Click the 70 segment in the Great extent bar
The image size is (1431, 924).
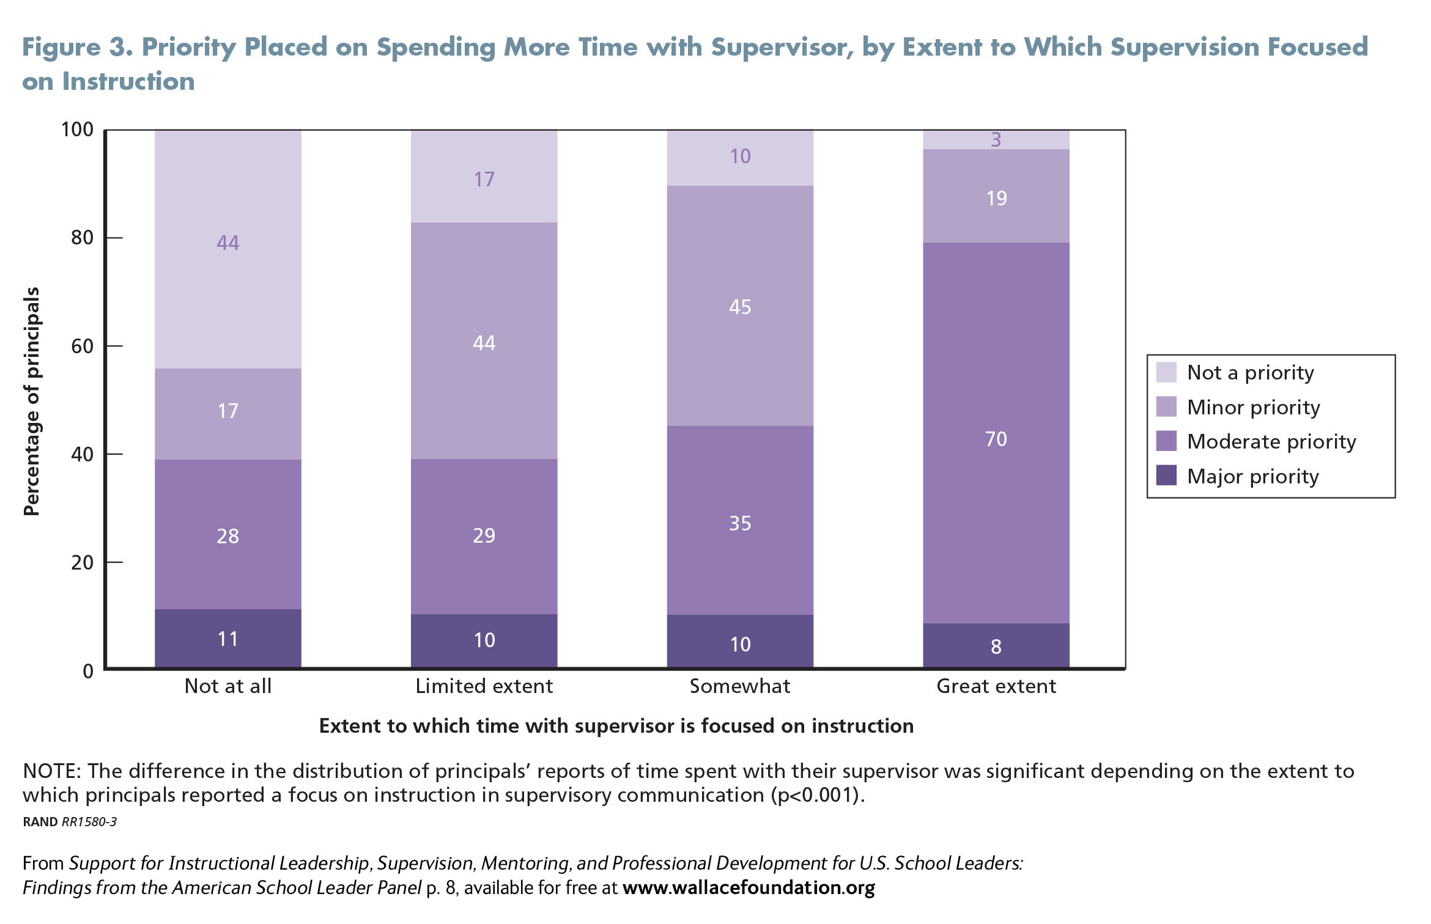click(996, 433)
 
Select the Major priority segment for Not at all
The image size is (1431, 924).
click(227, 639)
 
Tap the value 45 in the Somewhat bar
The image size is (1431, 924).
click(740, 307)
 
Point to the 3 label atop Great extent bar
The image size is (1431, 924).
click(996, 140)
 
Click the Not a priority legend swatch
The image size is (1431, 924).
click(1166, 372)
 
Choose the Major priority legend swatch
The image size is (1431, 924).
click(1166, 475)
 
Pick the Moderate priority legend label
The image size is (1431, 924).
click(1271, 442)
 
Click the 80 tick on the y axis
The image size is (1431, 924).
click(114, 237)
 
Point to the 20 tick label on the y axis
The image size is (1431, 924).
click(83, 562)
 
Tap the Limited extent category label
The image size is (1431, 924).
click(484, 686)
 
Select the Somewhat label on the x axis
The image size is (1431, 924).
click(740, 686)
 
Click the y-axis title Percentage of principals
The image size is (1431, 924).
click(31, 402)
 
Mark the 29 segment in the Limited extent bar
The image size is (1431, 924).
click(484, 537)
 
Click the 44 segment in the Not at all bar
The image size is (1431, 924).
click(227, 249)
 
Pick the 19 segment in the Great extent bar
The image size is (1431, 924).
click(996, 196)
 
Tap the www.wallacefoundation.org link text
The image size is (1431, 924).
click(749, 887)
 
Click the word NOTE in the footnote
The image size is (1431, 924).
click(51, 771)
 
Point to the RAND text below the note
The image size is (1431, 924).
click(40, 822)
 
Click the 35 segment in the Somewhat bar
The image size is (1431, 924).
click(740, 521)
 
